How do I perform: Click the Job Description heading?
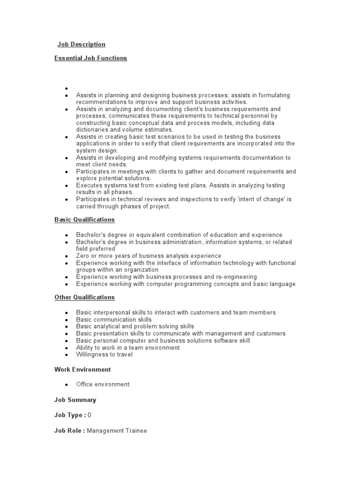(81, 45)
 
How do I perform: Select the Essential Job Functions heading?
(90, 58)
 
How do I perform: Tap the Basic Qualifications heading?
(84, 219)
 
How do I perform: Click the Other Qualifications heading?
(84, 297)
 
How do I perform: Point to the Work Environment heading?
(82, 369)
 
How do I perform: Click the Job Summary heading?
(75, 400)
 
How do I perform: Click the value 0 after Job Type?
(90, 415)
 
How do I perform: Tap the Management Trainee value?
(117, 430)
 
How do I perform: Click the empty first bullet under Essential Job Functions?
(67, 88)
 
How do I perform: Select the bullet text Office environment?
(103, 384)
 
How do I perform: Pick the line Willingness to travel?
(104, 354)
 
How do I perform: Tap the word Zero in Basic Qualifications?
(83, 256)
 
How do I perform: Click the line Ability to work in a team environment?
(127, 347)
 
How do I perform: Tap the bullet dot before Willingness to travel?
(67, 355)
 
